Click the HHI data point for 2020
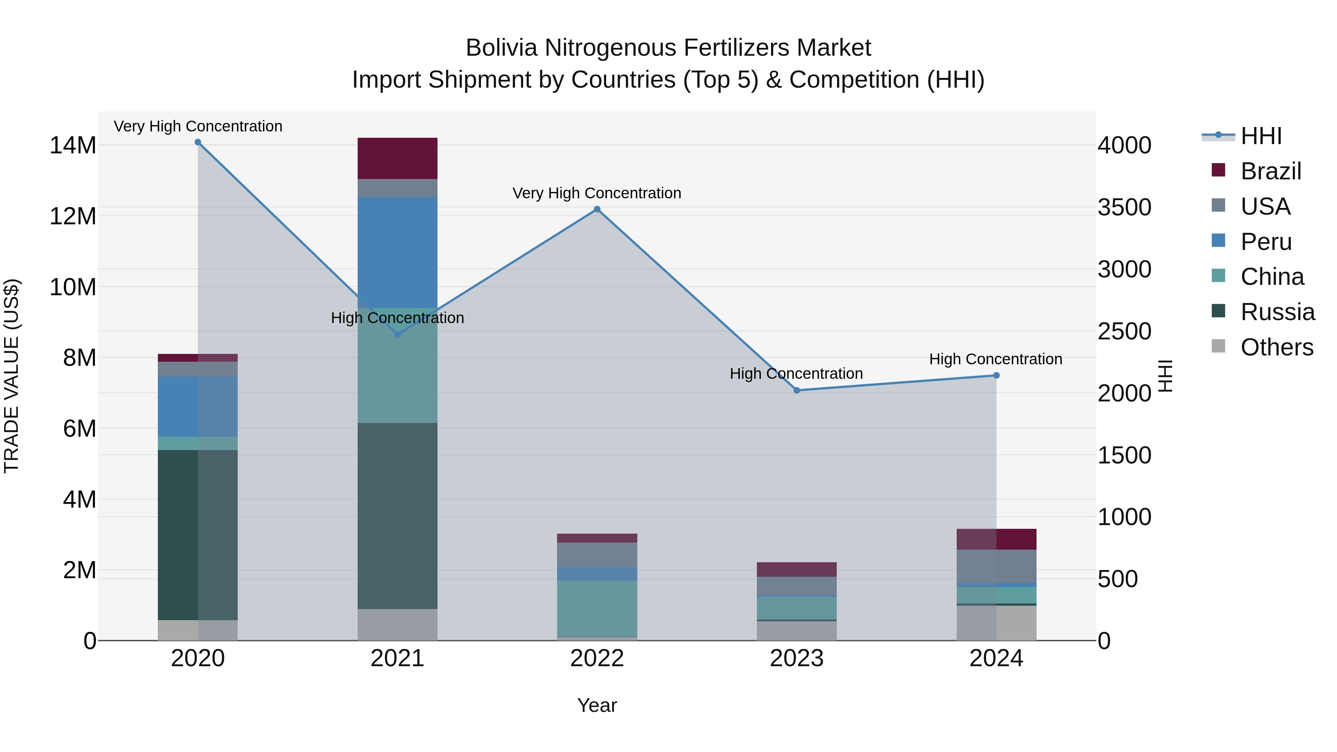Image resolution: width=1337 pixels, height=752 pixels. click(x=198, y=142)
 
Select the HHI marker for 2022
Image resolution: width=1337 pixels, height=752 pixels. click(x=597, y=209)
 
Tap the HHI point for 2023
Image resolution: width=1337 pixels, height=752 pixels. click(x=797, y=390)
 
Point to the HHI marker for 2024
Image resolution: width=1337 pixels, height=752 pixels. click(x=996, y=375)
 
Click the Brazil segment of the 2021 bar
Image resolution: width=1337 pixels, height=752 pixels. click(x=397, y=158)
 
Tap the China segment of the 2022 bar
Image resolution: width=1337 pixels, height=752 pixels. click(x=597, y=608)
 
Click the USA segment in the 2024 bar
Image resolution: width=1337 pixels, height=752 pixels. click(x=996, y=566)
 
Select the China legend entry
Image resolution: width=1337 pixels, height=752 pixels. click(x=1272, y=277)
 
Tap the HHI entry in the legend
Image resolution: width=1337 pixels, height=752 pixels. click(x=1261, y=136)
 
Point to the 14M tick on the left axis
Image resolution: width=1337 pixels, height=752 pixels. click(x=73, y=145)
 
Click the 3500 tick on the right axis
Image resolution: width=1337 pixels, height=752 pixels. click(x=1124, y=207)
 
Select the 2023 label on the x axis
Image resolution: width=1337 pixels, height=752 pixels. click(x=797, y=658)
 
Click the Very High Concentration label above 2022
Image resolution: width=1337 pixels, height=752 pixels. click(x=597, y=193)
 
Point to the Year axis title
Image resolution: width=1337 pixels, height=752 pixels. click(x=597, y=705)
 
